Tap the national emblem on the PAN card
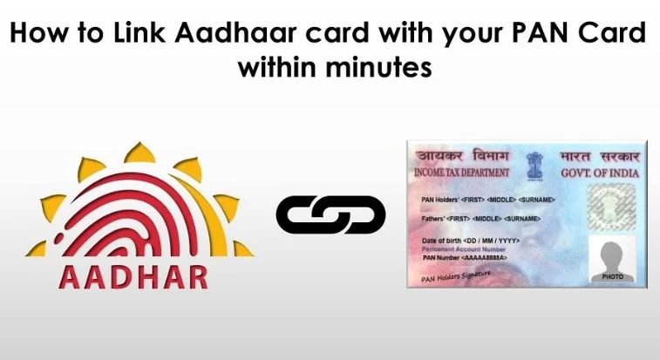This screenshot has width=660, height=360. click(x=532, y=163)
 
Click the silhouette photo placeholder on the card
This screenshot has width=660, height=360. click(x=613, y=254)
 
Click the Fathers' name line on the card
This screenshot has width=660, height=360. click(x=473, y=218)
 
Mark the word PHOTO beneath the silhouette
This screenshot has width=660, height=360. click(x=614, y=276)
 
